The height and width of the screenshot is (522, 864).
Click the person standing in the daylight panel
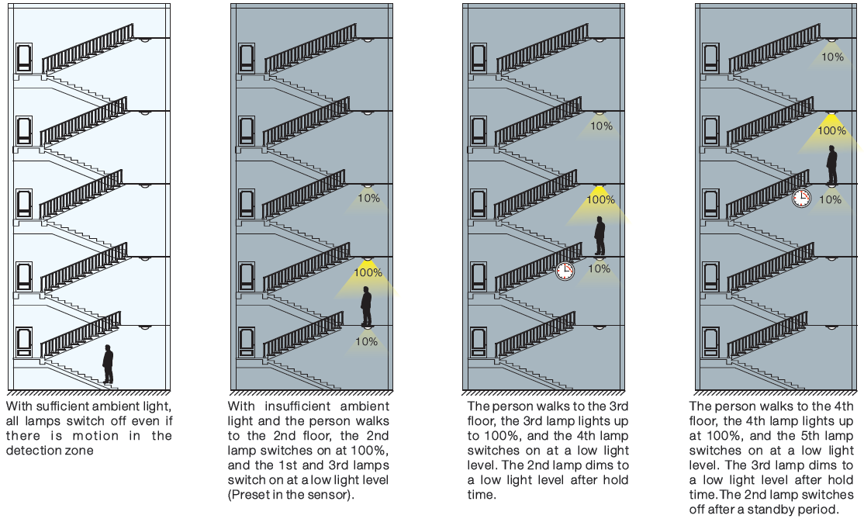pyautogui.click(x=108, y=365)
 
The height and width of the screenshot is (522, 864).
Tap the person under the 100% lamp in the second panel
pyautogui.click(x=366, y=306)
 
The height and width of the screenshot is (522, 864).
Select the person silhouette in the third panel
pyautogui.click(x=600, y=236)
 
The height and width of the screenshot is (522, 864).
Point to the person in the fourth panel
pyautogui.click(x=831, y=164)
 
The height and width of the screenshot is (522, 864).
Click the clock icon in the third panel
pyautogui.click(x=565, y=271)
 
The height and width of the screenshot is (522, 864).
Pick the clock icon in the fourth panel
pyautogui.click(x=801, y=198)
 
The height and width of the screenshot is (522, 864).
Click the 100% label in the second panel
pyautogui.click(x=368, y=272)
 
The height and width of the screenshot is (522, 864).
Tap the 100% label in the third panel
pyautogui.click(x=600, y=199)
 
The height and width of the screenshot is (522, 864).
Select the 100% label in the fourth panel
pyautogui.click(x=832, y=130)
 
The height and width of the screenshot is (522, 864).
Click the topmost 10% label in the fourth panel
pyautogui.click(x=833, y=57)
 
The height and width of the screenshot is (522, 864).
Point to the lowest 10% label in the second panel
pyautogui.click(x=366, y=342)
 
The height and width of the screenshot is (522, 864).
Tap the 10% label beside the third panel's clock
pyautogui.click(x=599, y=269)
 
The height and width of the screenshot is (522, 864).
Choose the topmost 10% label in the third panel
pyautogui.click(x=601, y=126)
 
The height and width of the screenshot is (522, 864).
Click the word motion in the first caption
pyautogui.click(x=96, y=436)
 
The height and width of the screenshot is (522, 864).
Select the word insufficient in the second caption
pyautogui.click(x=297, y=406)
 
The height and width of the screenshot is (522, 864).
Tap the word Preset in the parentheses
pyautogui.click(x=247, y=495)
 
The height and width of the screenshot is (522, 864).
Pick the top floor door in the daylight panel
pyautogui.click(x=24, y=58)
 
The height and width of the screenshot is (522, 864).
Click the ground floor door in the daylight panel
pyautogui.click(x=24, y=343)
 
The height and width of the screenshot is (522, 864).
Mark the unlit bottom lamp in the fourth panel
pyautogui.click(x=831, y=327)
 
